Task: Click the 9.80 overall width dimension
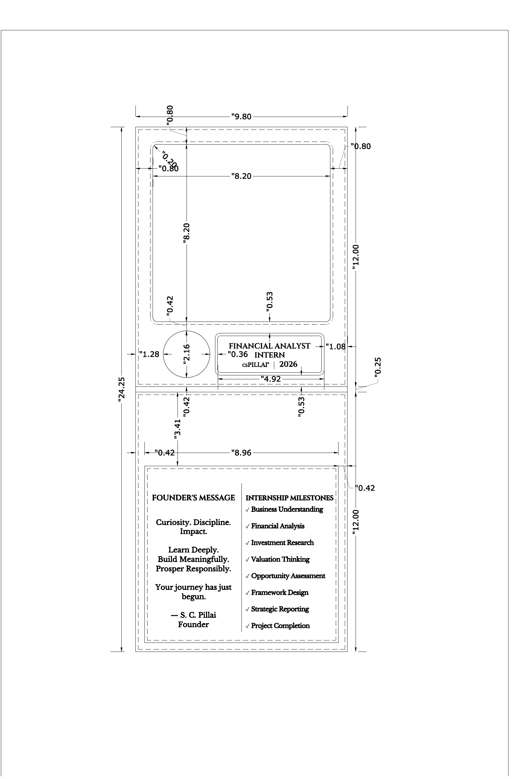241,117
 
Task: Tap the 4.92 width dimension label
271,379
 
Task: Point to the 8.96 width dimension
241,452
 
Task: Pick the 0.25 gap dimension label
378,367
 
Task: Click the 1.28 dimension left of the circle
149,354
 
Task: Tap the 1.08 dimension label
335,347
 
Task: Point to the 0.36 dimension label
238,354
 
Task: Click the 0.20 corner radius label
169,160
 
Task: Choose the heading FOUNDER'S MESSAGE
193,498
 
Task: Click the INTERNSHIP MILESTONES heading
289,498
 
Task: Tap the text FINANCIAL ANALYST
269,346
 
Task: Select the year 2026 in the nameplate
288,364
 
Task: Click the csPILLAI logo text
256,365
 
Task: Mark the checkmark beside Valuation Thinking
247,560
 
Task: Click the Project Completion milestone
280,626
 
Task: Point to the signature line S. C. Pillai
193,615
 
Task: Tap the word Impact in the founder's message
193,532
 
